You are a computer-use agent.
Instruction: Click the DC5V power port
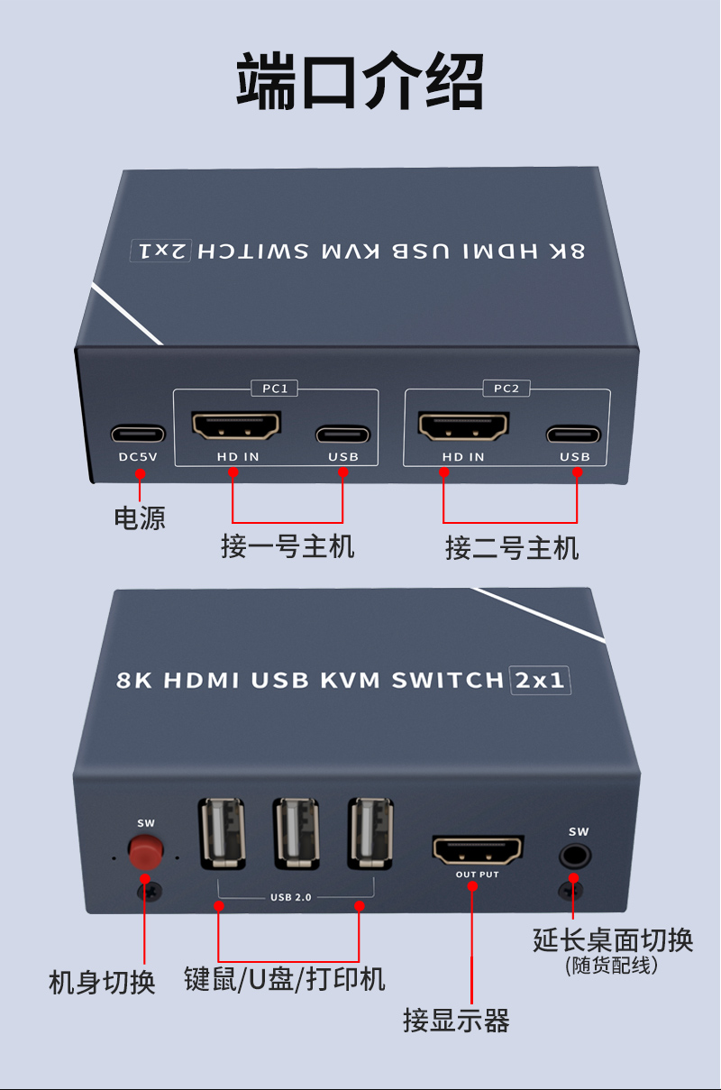click(138, 434)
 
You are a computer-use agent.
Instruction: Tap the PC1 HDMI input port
click(236, 426)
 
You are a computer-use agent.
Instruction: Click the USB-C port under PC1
click(342, 434)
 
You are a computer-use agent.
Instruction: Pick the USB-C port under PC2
click(574, 435)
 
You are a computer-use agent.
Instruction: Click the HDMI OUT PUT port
click(478, 849)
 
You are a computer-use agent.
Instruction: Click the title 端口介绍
click(360, 82)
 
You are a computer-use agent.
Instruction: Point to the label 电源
click(140, 518)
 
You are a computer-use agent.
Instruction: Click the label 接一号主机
click(287, 545)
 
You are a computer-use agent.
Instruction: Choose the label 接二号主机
click(512, 547)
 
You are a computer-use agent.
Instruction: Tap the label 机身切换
click(102, 982)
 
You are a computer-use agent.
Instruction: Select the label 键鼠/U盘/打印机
click(285, 979)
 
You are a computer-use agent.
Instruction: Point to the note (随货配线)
click(612, 966)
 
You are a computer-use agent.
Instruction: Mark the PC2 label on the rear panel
click(507, 389)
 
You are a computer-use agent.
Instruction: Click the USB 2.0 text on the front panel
click(290, 898)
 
